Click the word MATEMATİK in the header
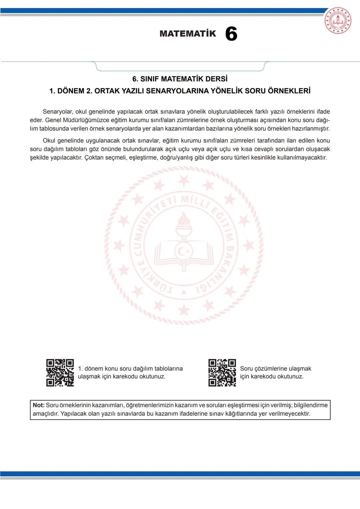click(x=188, y=34)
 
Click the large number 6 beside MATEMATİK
click(x=231, y=34)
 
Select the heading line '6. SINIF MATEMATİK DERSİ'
click(x=180, y=79)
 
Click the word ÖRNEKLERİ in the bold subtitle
click(x=289, y=91)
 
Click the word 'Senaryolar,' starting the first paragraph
click(x=58, y=112)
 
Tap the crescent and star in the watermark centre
click(x=184, y=250)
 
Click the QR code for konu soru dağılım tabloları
click(x=60, y=373)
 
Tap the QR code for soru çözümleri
click(x=222, y=373)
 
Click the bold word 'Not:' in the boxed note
click(x=38, y=405)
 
